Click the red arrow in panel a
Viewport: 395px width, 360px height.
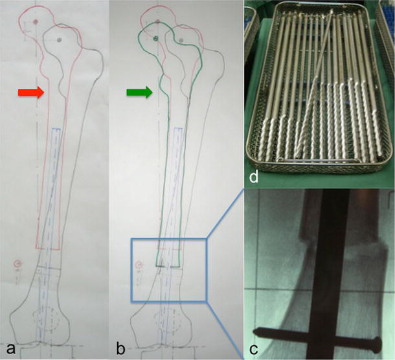[x=31, y=93]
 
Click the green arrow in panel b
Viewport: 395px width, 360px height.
[x=139, y=93]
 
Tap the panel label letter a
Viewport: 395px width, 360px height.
[x=10, y=349]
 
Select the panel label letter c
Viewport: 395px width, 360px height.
[x=253, y=349]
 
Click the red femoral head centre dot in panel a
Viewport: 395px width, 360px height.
[x=35, y=21]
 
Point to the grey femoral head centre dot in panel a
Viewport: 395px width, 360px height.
[x=59, y=39]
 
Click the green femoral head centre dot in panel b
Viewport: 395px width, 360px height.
[x=155, y=38]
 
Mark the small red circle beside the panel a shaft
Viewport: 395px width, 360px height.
[x=17, y=264]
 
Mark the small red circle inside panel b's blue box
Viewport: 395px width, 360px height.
[x=138, y=265]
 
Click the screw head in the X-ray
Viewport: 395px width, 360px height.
[x=377, y=346]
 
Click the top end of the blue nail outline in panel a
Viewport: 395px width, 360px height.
[x=56, y=129]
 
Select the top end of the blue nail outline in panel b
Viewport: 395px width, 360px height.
[x=179, y=128]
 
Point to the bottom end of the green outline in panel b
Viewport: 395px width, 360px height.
[x=168, y=265]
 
